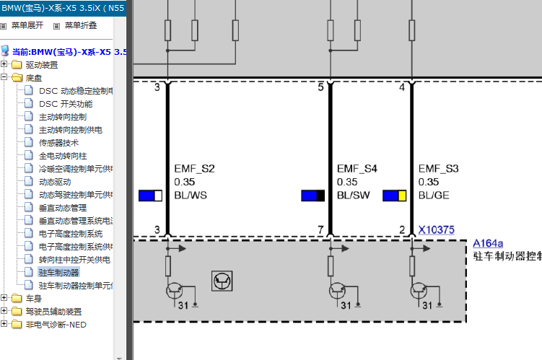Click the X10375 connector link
436,229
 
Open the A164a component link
488,243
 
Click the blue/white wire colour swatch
150,196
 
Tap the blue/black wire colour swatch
312,196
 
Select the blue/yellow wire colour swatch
394,196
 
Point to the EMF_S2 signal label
194,169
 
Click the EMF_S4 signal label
357,169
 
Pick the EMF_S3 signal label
438,169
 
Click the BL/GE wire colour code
434,196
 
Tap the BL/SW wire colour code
353,196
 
